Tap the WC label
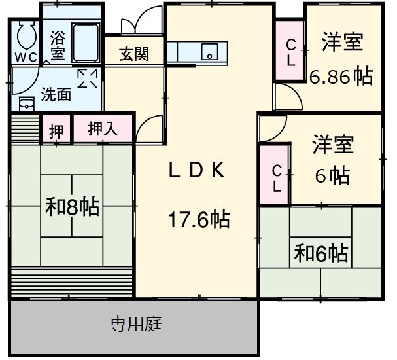pos(27,58)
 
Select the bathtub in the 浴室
pos(84,41)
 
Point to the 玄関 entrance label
pos(133,54)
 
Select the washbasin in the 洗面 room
pos(26,103)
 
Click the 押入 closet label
pos(103,129)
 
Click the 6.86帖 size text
pos(341,77)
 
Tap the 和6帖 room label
pos(320,251)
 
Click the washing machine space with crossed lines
pos(88,79)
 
